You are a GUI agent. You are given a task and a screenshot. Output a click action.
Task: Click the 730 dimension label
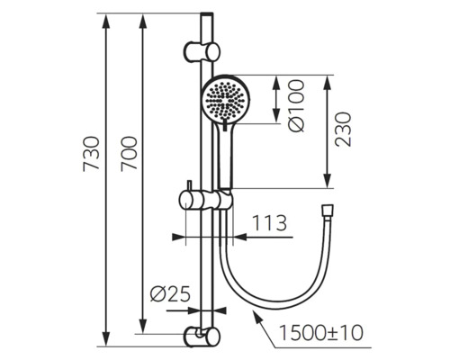pos(91,154)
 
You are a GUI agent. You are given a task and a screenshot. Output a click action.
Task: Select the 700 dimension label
pos(129,154)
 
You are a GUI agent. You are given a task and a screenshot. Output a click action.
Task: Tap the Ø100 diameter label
pos(297,105)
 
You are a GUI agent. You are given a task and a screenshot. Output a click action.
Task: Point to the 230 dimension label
pos(343,130)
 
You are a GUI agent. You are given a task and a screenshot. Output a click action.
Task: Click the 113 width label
pos(269,223)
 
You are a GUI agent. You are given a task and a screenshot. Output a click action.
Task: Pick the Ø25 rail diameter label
pos(170,293)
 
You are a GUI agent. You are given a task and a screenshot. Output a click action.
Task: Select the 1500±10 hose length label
pos(321,332)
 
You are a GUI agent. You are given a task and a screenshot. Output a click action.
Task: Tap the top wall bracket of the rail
pos(202,51)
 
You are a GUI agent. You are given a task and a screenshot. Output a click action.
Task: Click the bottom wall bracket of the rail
pos(202,337)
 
